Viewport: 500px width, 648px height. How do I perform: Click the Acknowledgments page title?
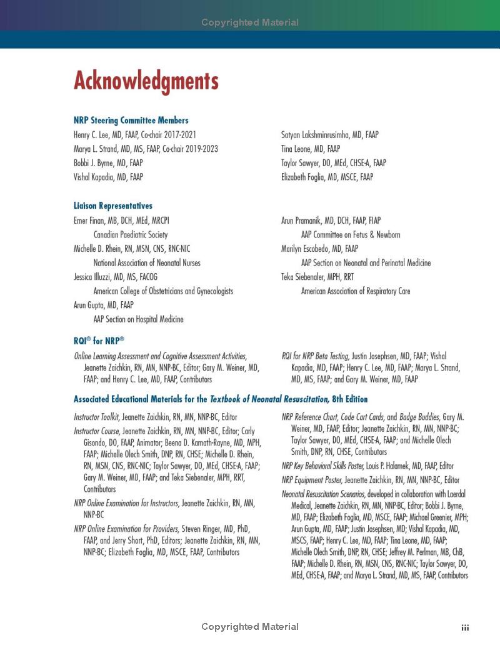click(x=146, y=81)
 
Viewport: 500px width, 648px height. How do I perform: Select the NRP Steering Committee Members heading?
click(x=131, y=121)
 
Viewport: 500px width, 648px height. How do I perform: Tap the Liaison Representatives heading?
click(x=112, y=206)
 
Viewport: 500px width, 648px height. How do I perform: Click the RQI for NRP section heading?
click(x=99, y=341)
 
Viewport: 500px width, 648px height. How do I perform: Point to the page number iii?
click(x=465, y=627)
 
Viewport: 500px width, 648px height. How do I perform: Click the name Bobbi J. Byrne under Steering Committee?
click(x=94, y=163)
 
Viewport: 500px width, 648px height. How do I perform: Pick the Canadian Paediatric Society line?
click(x=130, y=235)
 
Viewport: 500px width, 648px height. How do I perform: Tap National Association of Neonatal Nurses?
click(x=147, y=263)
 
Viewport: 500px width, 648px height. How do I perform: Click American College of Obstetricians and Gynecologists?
click(x=163, y=291)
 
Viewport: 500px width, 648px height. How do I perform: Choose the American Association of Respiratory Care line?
click(x=356, y=291)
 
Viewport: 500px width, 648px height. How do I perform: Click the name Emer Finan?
click(x=91, y=221)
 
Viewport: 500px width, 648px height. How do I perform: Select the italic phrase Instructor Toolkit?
click(x=97, y=417)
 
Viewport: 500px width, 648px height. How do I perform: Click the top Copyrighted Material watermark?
click(x=250, y=22)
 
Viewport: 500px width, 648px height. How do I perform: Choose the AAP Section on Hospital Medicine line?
click(x=138, y=319)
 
